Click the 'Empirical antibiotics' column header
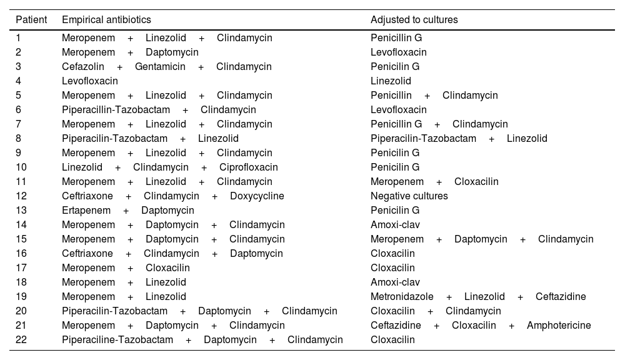(x=106, y=20)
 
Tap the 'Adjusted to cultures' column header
(x=414, y=20)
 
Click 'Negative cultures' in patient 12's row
(x=409, y=196)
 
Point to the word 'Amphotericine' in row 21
(x=559, y=326)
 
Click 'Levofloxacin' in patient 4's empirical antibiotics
(x=89, y=81)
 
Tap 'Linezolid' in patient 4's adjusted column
(x=391, y=81)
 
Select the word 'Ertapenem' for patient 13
(x=86, y=211)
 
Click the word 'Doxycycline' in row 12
(x=257, y=196)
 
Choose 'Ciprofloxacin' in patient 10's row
(x=248, y=167)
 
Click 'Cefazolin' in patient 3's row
(x=82, y=67)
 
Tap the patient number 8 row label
(x=19, y=139)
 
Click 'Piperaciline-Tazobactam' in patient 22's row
(x=117, y=340)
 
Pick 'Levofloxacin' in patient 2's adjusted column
(x=399, y=52)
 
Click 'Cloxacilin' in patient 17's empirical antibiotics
(x=167, y=268)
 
